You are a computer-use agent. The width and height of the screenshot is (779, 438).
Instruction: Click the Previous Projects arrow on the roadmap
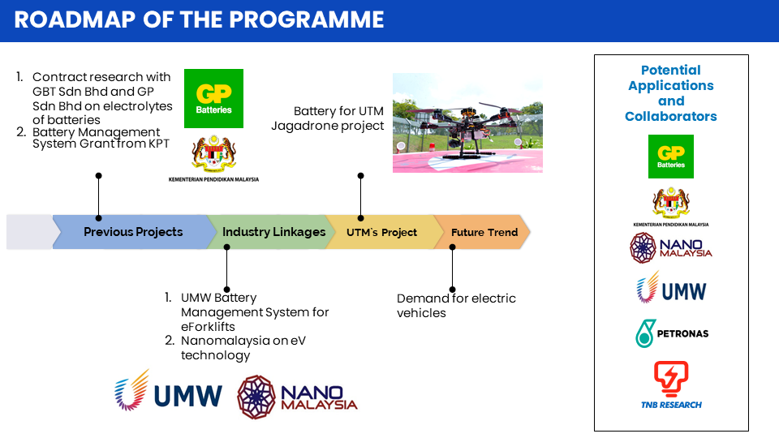(134, 232)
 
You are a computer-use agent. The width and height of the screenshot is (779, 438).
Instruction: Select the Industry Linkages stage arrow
(271, 232)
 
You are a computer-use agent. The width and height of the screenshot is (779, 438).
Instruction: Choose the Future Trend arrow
(483, 232)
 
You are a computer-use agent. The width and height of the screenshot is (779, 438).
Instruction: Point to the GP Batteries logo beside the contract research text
(213, 98)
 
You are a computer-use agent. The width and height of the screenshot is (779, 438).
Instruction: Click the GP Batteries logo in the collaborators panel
(671, 157)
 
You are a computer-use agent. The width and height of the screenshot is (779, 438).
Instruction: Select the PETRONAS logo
(672, 333)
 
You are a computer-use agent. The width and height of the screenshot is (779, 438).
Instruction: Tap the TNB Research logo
(671, 385)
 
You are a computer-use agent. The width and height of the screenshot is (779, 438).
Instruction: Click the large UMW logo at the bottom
(168, 391)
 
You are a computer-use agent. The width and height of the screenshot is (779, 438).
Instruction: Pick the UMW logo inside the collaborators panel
(671, 287)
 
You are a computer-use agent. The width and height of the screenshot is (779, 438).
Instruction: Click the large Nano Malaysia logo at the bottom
(297, 397)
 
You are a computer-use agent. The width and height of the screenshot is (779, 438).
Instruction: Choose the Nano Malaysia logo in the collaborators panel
(671, 247)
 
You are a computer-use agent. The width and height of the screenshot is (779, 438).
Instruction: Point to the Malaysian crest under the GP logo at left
(213, 153)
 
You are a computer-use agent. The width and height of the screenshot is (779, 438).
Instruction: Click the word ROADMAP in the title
(75, 19)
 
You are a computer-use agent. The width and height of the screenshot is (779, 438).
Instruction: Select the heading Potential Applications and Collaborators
(671, 93)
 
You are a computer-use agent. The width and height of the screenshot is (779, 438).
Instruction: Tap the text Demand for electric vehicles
(456, 306)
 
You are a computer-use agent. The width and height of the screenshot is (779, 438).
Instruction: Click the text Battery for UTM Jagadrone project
(327, 118)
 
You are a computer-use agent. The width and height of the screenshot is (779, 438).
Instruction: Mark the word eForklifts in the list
(208, 326)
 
